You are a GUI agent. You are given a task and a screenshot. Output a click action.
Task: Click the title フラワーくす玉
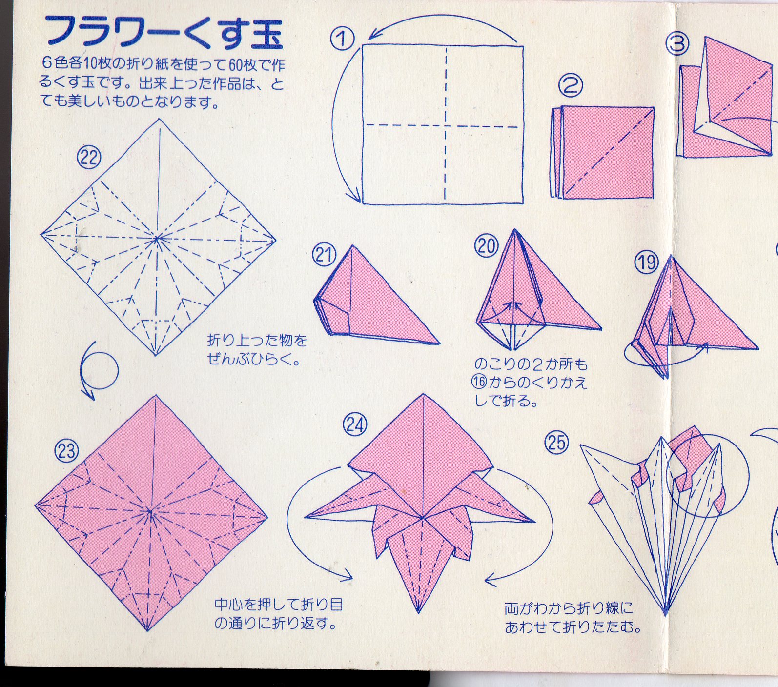coord(164,32)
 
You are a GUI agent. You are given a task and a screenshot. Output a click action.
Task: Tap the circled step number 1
coord(342,39)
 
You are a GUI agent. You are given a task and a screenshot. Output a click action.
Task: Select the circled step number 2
coord(571,86)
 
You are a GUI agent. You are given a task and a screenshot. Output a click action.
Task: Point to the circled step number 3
coord(677,43)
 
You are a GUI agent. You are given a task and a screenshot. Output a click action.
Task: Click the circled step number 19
coord(647,263)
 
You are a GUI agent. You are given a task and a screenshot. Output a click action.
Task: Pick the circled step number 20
coord(487,246)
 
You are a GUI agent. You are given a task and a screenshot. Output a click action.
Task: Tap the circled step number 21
coord(325,255)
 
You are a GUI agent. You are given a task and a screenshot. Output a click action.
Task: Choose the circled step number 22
coord(89,158)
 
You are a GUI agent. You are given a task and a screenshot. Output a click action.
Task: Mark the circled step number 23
coord(66,450)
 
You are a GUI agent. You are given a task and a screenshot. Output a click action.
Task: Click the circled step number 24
coord(355,425)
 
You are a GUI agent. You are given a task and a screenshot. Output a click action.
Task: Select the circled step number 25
coord(557,443)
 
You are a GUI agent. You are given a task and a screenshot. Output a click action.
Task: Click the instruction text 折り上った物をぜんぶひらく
coord(257,349)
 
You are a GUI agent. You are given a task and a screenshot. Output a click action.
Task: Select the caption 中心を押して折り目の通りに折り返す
coord(279,614)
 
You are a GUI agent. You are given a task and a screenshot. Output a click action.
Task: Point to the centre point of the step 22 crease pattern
coord(157,239)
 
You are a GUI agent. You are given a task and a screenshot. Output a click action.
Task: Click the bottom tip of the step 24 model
coord(418,612)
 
